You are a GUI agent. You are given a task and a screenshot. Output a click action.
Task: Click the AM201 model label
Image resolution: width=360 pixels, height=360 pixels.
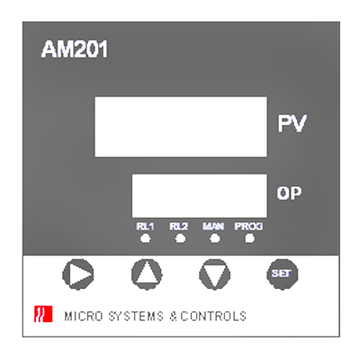(x=74, y=49)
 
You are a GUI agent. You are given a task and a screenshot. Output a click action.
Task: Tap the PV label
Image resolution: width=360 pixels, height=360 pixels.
(x=292, y=123)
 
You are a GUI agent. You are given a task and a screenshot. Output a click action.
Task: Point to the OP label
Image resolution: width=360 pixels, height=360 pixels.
(x=289, y=193)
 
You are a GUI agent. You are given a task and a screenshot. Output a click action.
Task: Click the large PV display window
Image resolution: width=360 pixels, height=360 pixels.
(x=181, y=127)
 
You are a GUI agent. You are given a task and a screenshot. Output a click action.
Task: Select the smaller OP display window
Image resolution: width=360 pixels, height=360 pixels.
(x=200, y=195)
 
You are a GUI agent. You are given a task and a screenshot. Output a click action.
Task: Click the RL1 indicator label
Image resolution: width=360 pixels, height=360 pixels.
(x=145, y=227)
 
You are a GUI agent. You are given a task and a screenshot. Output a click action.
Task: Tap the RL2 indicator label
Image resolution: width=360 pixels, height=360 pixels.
(x=179, y=227)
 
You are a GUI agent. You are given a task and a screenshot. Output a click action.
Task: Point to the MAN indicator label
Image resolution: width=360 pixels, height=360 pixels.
(x=213, y=227)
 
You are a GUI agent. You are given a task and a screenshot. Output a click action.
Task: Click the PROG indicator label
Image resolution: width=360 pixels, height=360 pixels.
(x=248, y=227)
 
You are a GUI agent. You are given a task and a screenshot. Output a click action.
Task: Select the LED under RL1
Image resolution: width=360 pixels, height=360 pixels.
(x=146, y=238)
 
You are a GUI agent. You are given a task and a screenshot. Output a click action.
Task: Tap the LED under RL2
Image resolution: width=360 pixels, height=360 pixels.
(x=180, y=238)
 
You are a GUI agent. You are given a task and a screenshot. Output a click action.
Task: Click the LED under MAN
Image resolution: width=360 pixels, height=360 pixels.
(x=215, y=238)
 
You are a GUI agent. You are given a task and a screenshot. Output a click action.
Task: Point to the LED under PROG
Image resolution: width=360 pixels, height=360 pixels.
(x=249, y=238)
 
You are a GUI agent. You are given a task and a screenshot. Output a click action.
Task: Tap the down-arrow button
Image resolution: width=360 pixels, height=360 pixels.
(x=214, y=274)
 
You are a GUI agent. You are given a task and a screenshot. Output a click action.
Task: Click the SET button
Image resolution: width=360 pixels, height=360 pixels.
(x=282, y=274)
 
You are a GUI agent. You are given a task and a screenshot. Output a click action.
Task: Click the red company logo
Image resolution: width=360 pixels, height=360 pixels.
(x=43, y=314)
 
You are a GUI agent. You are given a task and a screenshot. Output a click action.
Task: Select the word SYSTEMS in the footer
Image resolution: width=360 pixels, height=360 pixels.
(x=136, y=317)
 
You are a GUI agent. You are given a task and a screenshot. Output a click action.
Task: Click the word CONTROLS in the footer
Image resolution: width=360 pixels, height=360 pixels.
(x=213, y=317)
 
